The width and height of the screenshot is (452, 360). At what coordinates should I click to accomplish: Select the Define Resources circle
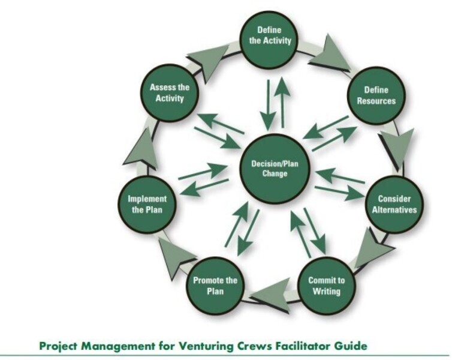[376, 95]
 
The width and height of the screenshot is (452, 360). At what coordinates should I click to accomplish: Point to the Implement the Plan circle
[147, 205]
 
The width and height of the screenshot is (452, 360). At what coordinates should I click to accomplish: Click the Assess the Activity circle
[170, 92]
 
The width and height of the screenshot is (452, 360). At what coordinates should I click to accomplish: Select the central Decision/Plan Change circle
[275, 169]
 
